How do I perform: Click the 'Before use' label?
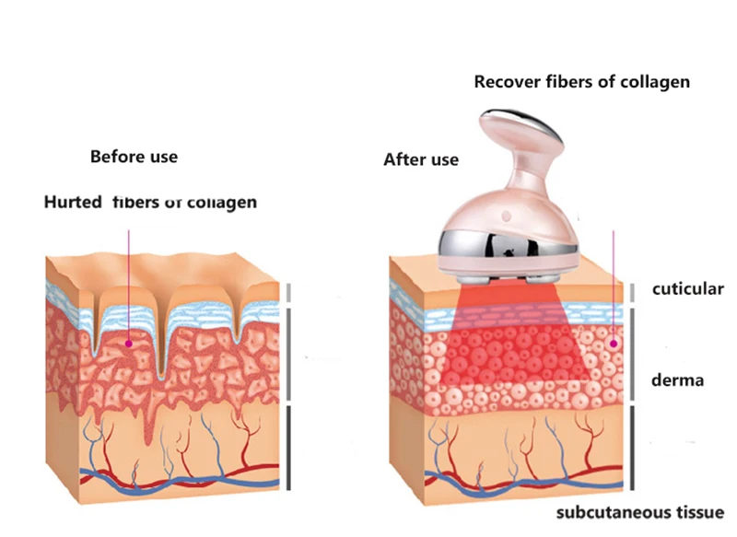pos(134,157)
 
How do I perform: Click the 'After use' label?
pos(420,160)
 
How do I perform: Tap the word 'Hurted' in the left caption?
pos(73,202)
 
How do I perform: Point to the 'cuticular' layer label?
pos(688,289)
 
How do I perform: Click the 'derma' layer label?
pos(677,379)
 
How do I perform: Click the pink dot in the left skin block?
pos(130,344)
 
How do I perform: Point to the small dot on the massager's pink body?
pos(505,215)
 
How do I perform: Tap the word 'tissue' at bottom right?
pos(701,512)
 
